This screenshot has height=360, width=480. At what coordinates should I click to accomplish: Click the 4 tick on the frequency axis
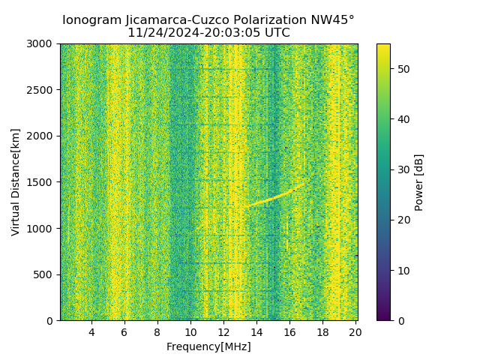[91, 332]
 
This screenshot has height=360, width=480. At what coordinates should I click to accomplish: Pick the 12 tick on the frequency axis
[223, 332]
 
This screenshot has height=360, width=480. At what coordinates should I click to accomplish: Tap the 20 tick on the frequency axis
[355, 332]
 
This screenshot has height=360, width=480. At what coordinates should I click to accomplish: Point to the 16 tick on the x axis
[289, 332]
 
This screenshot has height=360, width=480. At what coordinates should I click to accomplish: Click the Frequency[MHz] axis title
[208, 346]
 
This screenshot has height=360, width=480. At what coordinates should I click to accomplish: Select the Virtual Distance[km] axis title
[16, 182]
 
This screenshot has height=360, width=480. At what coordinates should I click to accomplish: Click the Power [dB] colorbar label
[418, 182]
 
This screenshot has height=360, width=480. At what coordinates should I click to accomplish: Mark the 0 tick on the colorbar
[397, 320]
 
